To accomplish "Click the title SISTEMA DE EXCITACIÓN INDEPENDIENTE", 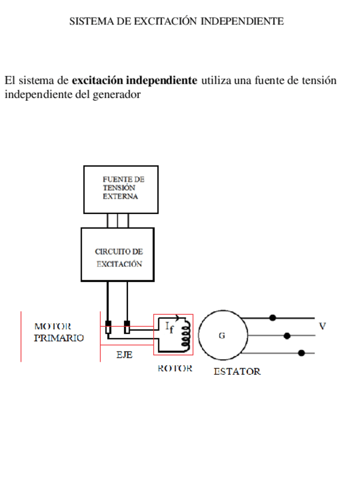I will [176, 22].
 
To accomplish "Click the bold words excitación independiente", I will [135, 80].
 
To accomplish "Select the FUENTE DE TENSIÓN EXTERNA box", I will [121, 188].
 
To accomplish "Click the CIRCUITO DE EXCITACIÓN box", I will [118, 254].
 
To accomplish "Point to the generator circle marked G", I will [222, 335].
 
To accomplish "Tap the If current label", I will [169, 327].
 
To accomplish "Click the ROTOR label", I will [175, 368].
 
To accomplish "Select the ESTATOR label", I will [237, 372].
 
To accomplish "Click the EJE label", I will [125, 355].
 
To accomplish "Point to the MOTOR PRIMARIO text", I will [59, 332].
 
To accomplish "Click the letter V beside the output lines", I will [322, 326].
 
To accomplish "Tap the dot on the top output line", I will [273, 318].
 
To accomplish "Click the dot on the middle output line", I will [287, 336].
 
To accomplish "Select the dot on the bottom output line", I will [301, 353].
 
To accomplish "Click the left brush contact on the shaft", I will [108, 327].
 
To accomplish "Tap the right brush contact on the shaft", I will [127, 327].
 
